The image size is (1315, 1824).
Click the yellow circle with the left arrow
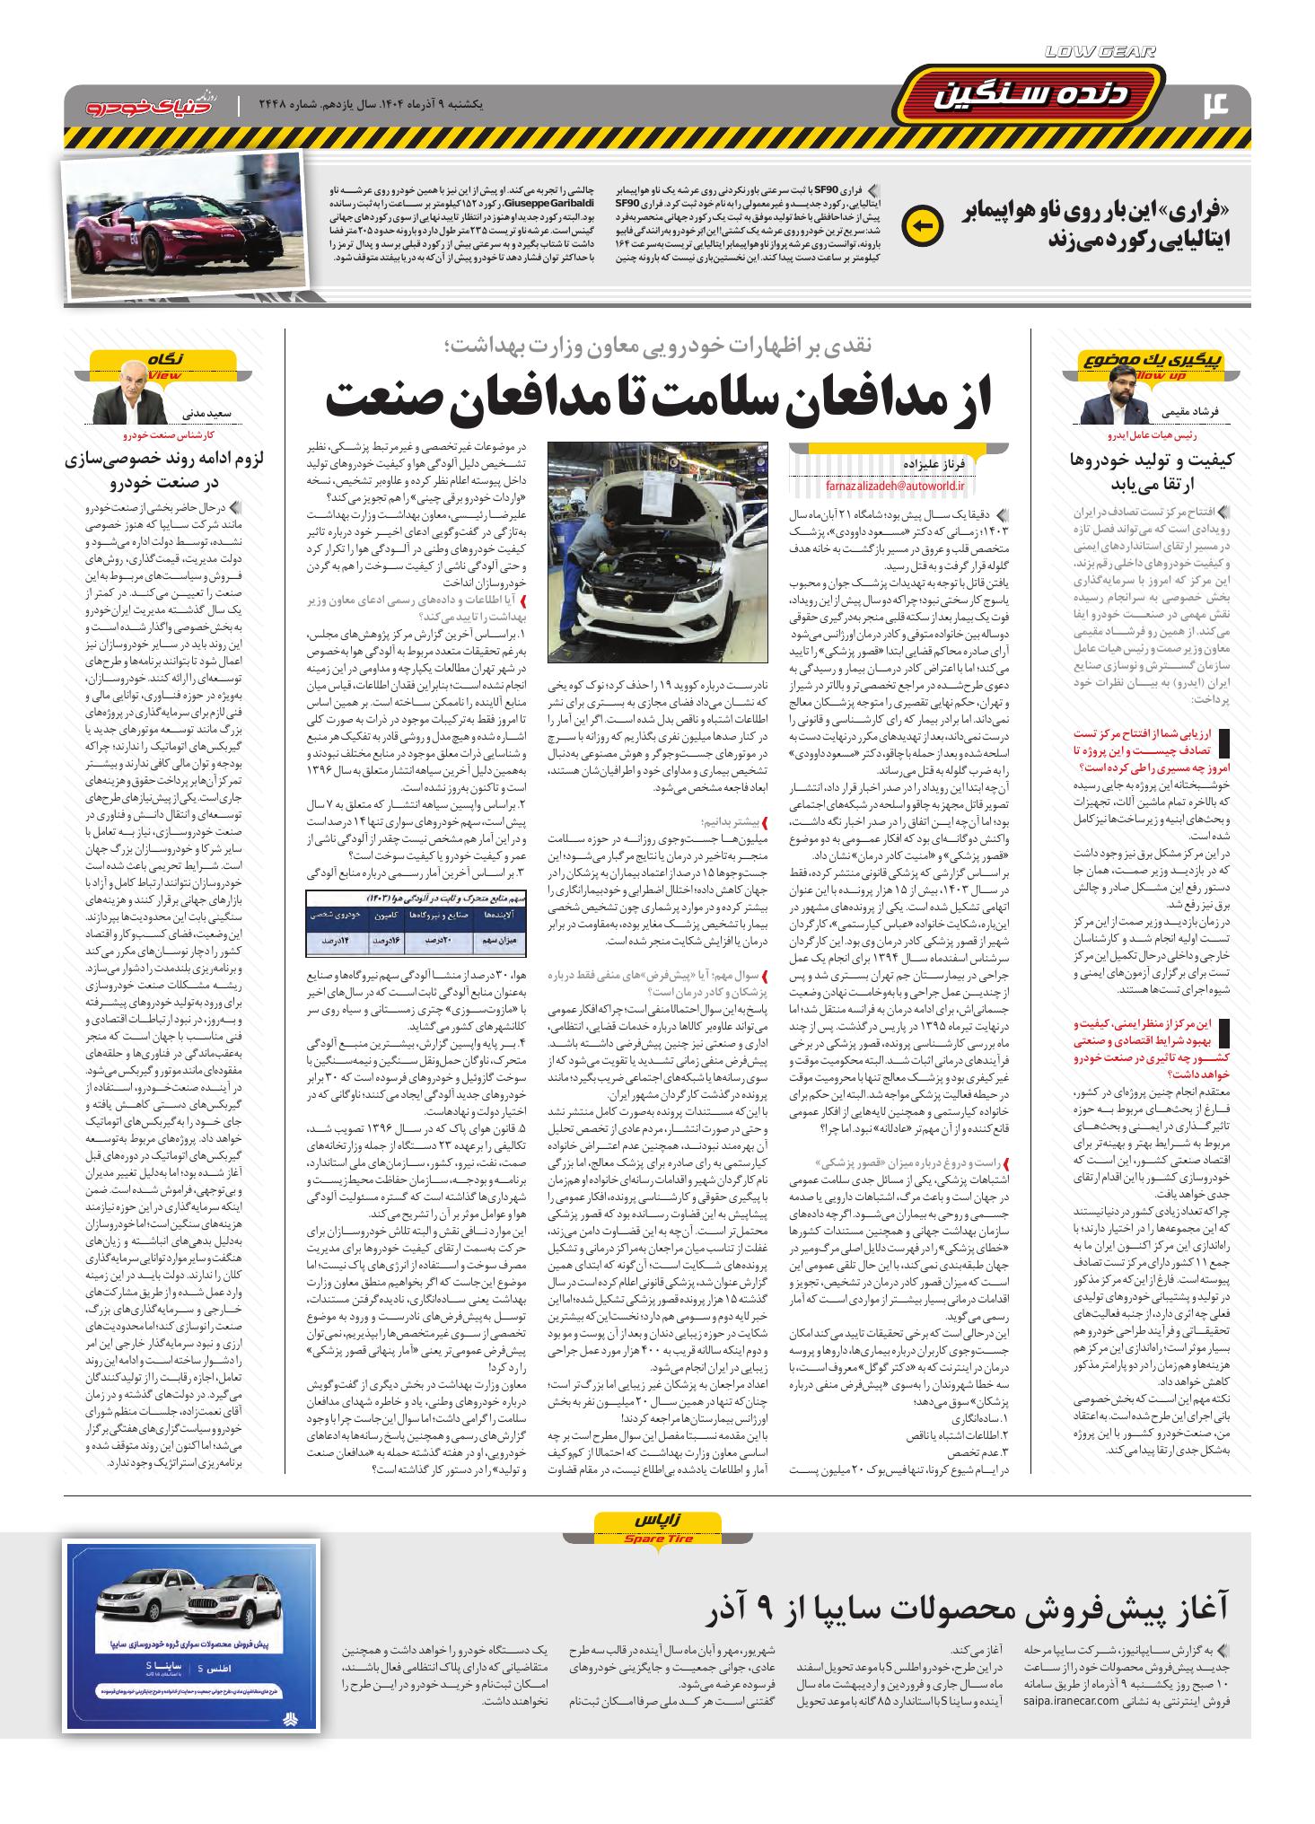point(921,225)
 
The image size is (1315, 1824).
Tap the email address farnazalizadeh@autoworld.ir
point(894,486)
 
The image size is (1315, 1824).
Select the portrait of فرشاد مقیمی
point(1110,404)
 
